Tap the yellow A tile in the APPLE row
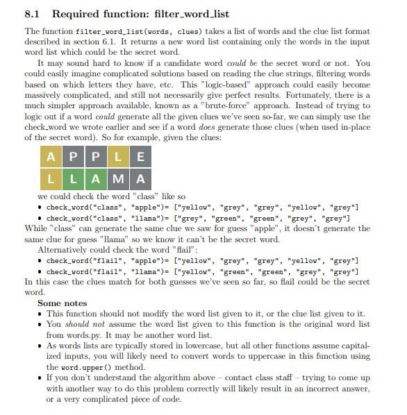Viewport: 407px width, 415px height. click(51, 156)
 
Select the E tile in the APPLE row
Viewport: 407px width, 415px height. click(141, 156)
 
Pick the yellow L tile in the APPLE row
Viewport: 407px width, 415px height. click(119, 156)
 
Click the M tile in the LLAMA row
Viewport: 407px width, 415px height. click(119, 179)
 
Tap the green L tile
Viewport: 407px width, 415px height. click(74, 179)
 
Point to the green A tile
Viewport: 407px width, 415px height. click(96, 179)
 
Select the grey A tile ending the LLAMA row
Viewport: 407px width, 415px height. click(141, 179)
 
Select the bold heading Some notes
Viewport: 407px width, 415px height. click(62, 303)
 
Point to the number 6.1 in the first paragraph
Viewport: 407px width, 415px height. click(143, 42)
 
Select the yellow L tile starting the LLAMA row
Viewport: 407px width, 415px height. click(51, 179)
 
